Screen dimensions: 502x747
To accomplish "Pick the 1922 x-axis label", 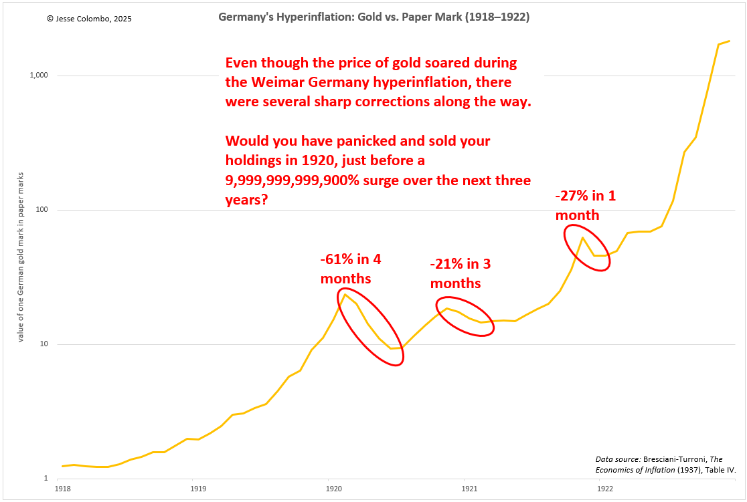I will pos(604,489).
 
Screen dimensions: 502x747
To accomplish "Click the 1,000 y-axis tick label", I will pos(39,76).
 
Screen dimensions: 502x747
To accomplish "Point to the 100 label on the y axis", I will pos(43,210).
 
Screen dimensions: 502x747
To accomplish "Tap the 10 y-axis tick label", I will pos(45,344).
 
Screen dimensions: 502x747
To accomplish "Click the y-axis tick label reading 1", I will pos(47,479).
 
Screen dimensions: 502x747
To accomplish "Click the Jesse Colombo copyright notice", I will pos(90,19).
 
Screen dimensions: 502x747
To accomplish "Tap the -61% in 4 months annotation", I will pos(351,268).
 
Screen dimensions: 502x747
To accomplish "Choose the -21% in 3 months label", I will pos(460,273).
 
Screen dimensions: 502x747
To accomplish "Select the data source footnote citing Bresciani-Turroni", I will pos(665,465).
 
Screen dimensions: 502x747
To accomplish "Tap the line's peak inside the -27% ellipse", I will pos(582,237).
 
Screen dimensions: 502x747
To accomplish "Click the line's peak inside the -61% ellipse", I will pos(345,294).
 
